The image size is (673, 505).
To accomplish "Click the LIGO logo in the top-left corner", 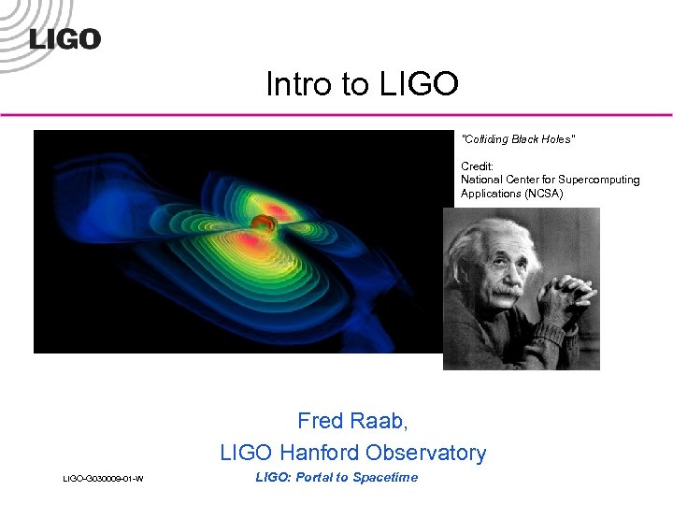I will [64, 38].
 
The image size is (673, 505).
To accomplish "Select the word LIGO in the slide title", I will [420, 84].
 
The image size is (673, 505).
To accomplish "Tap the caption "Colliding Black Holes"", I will [518, 139].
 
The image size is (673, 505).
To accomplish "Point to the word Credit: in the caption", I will [477, 166].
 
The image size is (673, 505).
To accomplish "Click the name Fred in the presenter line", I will [320, 421].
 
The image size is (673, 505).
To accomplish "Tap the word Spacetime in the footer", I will [387, 478].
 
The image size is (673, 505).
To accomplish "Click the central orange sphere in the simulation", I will [261, 224].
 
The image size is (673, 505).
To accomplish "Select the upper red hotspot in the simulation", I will [278, 208].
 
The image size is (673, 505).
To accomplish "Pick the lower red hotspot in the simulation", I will [249, 242].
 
